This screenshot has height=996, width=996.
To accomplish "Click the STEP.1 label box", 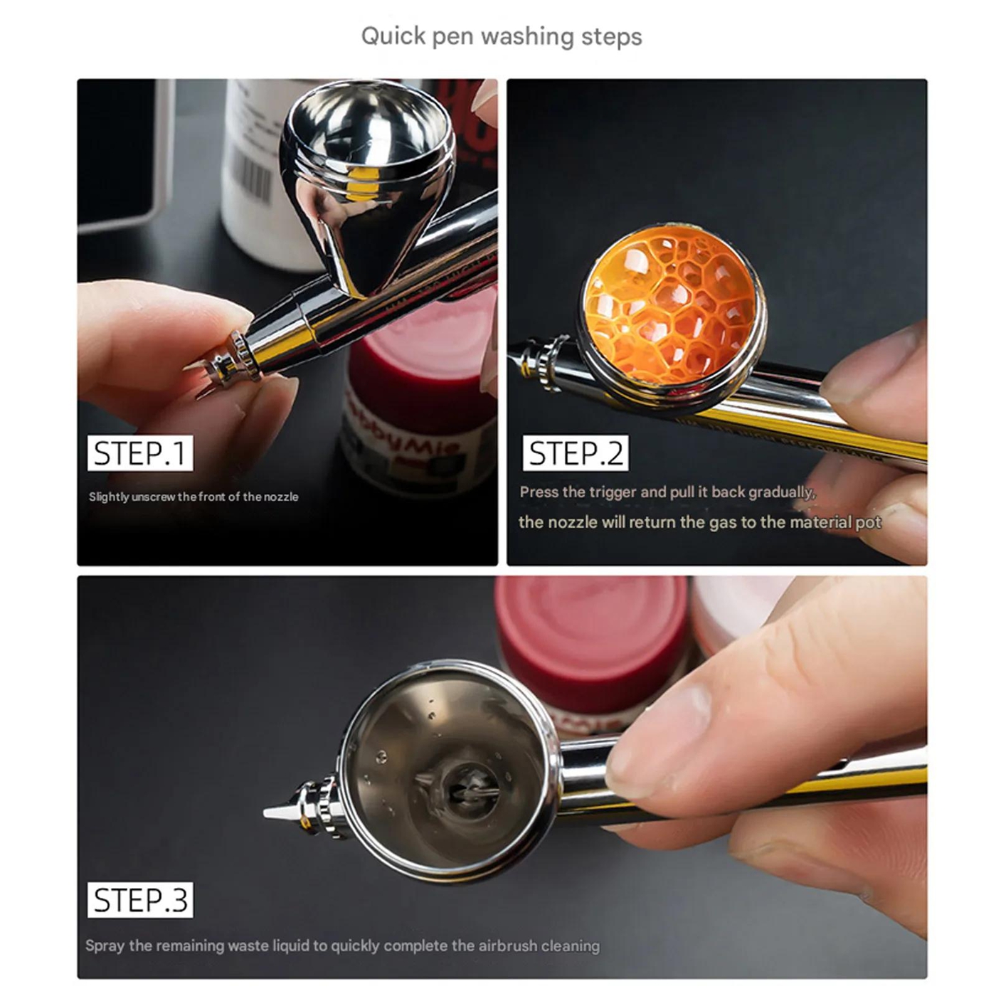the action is click(140, 452).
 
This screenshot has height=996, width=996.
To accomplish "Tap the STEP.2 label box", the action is click(576, 452).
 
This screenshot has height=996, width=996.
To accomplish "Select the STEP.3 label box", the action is click(140, 900).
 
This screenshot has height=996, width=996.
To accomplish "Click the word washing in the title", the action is click(527, 37).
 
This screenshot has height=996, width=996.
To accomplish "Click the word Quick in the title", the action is click(394, 36).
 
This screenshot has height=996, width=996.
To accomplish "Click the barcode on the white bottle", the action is click(253, 172).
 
